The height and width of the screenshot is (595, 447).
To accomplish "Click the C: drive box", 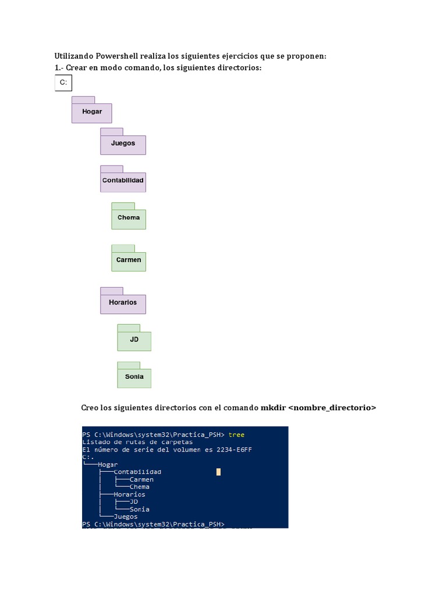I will tap(63, 84).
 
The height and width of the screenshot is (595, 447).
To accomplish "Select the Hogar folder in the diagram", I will tap(91, 112).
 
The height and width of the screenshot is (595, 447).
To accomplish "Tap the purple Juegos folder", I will tap(123, 144).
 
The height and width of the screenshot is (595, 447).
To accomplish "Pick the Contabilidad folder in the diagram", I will tap(123, 181).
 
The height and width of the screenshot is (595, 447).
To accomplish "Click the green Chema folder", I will tap(129, 218).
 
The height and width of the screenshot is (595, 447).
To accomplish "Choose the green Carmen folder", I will tap(129, 260).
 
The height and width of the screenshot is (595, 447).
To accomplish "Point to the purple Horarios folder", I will tap(123, 303).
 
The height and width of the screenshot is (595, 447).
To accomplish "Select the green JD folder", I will tap(134, 339).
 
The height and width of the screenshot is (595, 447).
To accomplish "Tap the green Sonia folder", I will tap(134, 377).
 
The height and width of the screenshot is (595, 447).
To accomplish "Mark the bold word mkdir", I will tap(272, 408).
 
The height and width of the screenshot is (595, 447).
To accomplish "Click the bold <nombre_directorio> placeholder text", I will tap(332, 408).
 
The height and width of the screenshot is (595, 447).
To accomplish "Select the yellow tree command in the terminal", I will tap(237, 435).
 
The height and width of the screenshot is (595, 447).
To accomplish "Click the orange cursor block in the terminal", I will tap(218, 472).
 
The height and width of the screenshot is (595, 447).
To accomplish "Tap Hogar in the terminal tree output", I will tap(108, 465).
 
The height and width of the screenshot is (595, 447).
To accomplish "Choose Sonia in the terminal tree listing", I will tap(140, 510).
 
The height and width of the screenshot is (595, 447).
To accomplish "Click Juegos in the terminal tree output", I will tap(126, 517).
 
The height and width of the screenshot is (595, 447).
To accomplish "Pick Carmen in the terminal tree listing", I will tap(141, 480).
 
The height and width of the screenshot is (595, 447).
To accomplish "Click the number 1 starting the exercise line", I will tap(56, 69).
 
